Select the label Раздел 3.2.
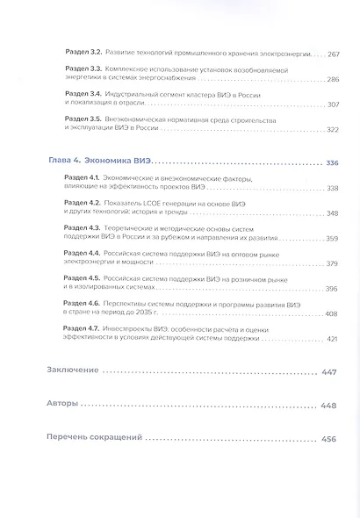[86, 53]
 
